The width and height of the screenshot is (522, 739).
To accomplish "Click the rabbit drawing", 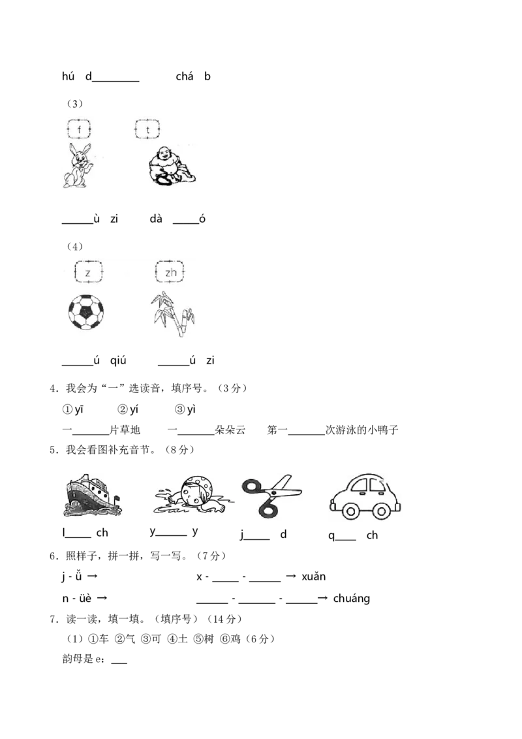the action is click(78, 165).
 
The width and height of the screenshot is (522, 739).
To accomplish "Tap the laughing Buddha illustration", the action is click(172, 165).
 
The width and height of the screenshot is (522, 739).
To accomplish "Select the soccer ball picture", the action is click(85, 311).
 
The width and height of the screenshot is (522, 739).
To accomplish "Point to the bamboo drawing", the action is click(172, 313).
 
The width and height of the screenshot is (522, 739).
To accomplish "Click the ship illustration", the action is click(93, 495).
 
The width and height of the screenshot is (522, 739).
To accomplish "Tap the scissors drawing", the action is click(271, 495).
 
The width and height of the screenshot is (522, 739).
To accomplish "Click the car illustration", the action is click(365, 497).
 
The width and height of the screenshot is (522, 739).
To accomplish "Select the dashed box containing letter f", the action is click(79, 129).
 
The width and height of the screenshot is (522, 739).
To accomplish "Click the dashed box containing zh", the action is click(170, 272).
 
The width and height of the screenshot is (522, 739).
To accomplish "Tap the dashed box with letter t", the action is click(147, 129).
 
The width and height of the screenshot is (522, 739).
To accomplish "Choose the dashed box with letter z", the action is click(88, 272).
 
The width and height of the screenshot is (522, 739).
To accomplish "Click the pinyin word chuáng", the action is click(352, 599).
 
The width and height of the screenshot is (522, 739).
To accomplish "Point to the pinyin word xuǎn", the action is click(314, 576).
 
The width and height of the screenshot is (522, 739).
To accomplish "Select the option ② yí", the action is click(128, 409).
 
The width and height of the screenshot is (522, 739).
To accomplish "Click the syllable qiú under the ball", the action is click(118, 360).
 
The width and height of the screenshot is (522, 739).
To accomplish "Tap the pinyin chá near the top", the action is click(184, 76).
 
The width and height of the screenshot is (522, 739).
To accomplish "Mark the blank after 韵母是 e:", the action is click(119, 663).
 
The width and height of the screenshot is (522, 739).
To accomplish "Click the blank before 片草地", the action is click(91, 434).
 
